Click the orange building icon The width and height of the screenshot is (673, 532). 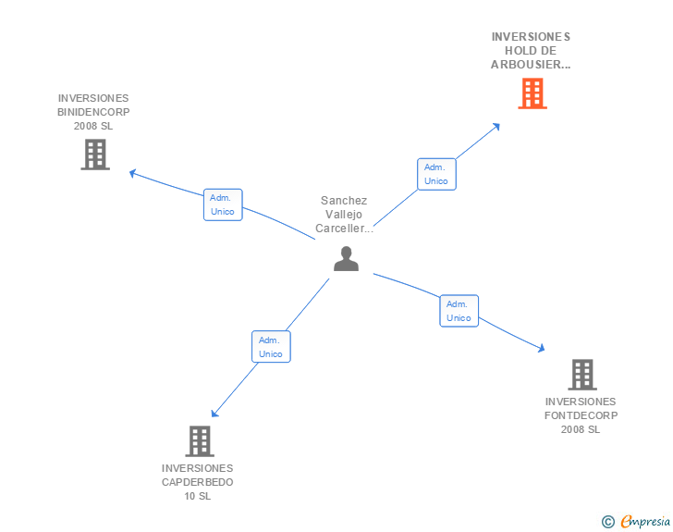[532, 93]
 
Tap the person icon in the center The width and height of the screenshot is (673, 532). [346, 259]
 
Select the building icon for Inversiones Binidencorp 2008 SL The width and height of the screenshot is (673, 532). [95, 155]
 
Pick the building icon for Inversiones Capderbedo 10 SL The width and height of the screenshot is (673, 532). [200, 441]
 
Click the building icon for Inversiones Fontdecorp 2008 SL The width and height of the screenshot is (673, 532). [581, 375]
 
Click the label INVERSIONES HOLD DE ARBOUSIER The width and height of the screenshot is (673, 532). [531, 51]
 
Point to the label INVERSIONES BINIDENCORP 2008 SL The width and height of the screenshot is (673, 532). [93, 112]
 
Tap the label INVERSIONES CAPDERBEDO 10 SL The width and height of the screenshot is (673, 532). [197, 482]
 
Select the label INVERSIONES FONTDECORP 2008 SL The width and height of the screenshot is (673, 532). [581, 415]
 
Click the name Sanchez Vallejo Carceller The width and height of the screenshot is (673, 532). [344, 215]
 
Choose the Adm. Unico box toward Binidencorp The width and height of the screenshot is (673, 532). [223, 204]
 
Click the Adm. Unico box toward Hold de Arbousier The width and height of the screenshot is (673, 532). [435, 174]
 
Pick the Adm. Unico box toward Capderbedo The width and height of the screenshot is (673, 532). [271, 347]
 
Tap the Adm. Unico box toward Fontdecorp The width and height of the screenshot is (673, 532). [459, 311]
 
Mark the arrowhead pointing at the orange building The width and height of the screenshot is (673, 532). [496, 126]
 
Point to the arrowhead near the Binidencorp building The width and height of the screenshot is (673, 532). [133, 172]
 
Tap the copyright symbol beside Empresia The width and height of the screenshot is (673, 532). [607, 522]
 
